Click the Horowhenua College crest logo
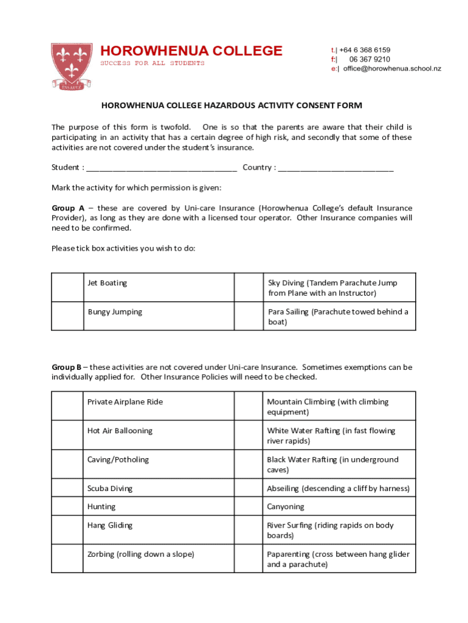(x=72, y=66)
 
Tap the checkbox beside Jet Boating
(x=67, y=287)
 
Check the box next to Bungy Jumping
(x=67, y=316)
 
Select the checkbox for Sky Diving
(x=249, y=287)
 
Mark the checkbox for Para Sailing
(x=249, y=316)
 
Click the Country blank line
(x=336, y=168)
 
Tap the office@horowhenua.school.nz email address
(x=392, y=69)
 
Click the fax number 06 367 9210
(x=370, y=60)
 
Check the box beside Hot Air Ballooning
(x=67, y=435)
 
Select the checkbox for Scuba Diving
(x=67, y=488)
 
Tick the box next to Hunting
(x=67, y=506)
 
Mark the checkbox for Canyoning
(x=248, y=506)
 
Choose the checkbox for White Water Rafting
(x=248, y=435)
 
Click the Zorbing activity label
(x=140, y=554)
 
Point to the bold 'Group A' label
(x=68, y=208)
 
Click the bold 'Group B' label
(x=66, y=367)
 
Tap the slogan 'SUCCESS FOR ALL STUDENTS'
(x=152, y=63)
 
